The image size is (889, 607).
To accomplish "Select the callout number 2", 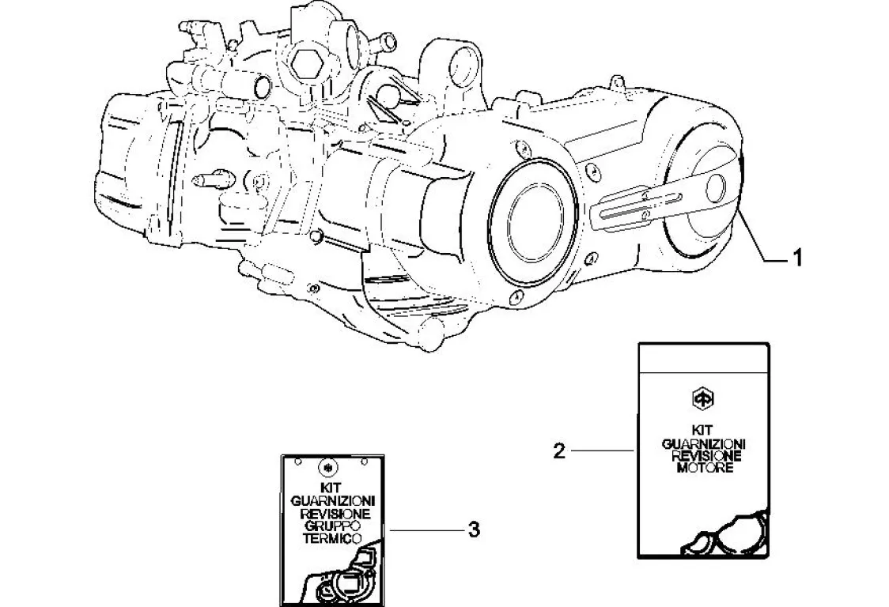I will [559, 451].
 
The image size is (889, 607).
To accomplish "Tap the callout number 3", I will [474, 529].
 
